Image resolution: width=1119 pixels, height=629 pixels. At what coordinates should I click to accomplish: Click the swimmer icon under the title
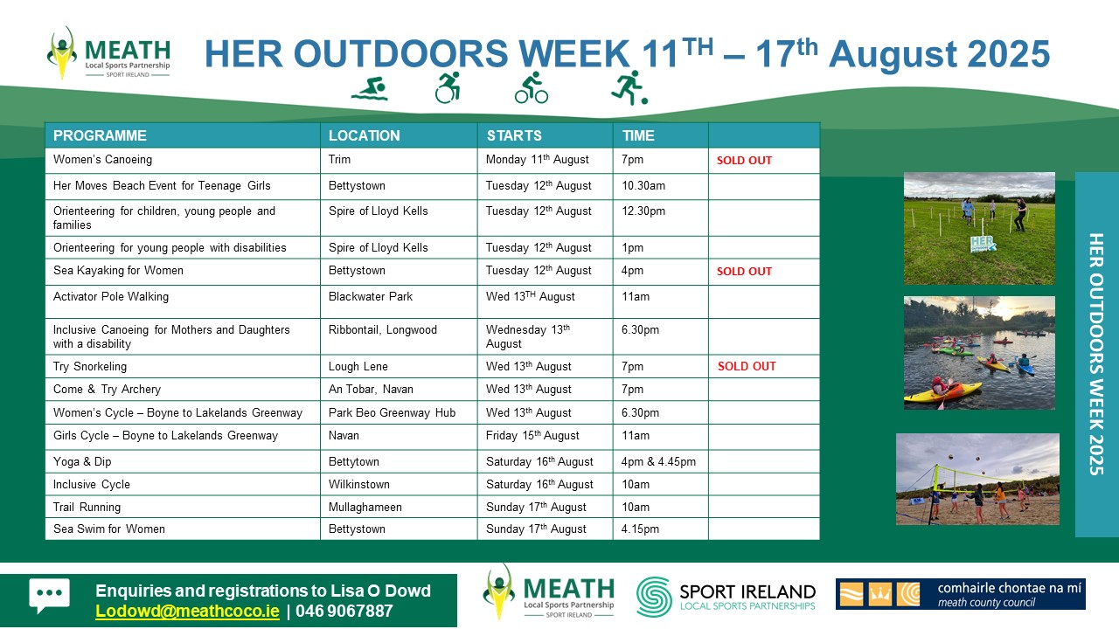(370, 89)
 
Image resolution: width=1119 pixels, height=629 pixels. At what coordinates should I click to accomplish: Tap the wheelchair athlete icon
(447, 88)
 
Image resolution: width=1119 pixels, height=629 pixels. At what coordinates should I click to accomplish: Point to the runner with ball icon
(629, 88)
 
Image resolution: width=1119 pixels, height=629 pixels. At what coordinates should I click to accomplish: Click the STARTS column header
(514, 135)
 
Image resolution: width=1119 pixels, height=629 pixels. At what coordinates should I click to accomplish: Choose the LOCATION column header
(365, 135)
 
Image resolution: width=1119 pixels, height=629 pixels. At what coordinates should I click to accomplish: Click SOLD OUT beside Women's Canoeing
(744, 160)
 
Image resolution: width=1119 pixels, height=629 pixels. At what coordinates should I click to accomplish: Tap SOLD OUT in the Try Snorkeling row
(747, 366)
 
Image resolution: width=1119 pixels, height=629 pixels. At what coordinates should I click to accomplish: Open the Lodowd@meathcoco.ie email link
(187, 611)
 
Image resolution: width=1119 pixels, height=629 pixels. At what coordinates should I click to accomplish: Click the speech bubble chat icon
(50, 595)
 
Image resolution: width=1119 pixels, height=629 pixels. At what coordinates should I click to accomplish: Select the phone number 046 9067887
(344, 611)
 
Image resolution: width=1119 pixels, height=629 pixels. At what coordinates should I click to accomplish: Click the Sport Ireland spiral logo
(654, 597)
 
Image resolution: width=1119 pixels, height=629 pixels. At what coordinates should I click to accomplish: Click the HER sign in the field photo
(982, 244)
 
